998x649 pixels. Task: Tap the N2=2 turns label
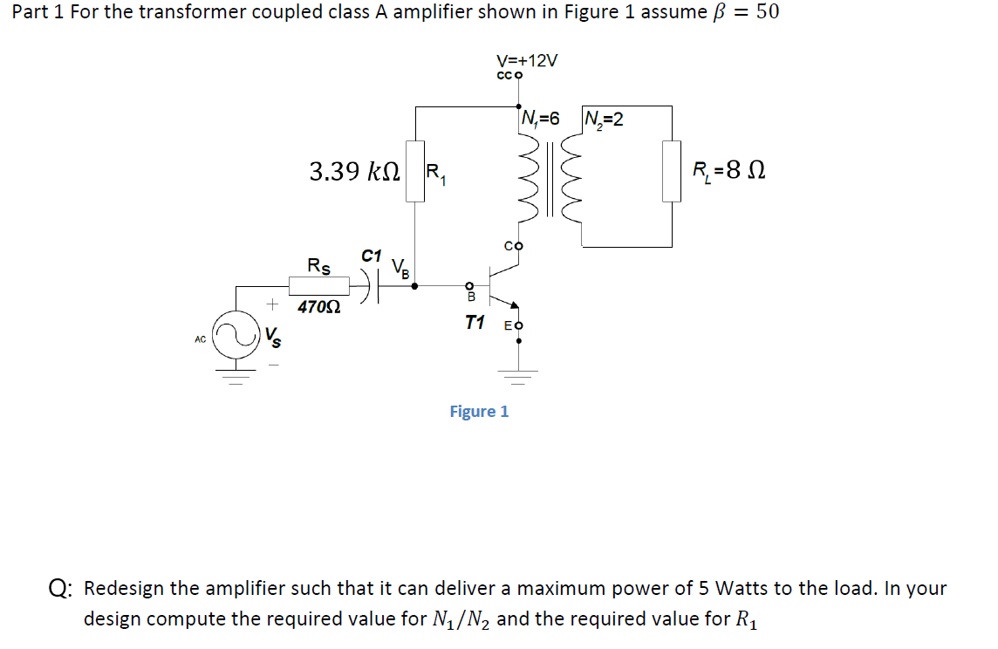click(604, 119)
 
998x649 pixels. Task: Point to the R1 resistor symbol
click(414, 171)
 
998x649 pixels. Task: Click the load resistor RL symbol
click(672, 171)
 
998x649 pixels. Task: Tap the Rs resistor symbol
click(318, 284)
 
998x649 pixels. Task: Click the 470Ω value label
click(318, 307)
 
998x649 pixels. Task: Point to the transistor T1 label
click(475, 323)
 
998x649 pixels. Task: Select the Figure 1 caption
click(479, 411)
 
